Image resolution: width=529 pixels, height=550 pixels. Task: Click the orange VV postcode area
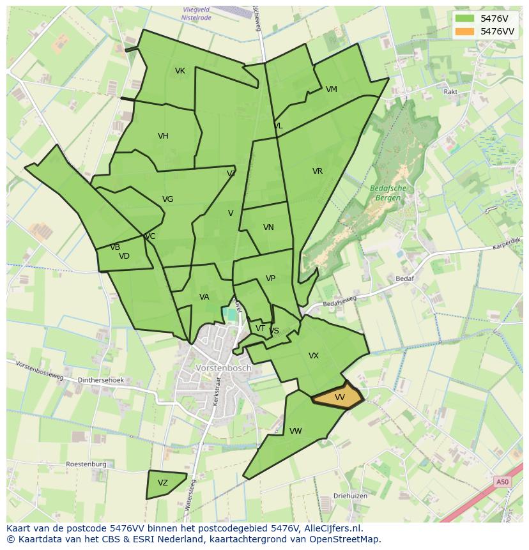339,397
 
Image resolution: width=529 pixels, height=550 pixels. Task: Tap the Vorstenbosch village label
224,369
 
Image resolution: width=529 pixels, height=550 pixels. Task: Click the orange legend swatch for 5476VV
465,31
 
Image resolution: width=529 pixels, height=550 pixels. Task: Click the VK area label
180,71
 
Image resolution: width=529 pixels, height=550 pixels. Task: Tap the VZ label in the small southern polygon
163,483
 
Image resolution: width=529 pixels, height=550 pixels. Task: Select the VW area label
295,431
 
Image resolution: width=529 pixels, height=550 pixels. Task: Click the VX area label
314,356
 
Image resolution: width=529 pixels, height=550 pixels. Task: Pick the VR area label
318,171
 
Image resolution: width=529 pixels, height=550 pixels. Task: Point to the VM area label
331,89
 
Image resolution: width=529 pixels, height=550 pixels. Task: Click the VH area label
163,136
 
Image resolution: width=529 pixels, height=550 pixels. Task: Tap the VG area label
167,199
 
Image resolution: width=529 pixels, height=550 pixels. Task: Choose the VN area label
268,227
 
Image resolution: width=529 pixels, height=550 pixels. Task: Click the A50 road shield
502,482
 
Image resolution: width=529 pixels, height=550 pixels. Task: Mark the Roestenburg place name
86,464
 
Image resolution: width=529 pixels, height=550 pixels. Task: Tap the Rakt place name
450,92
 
